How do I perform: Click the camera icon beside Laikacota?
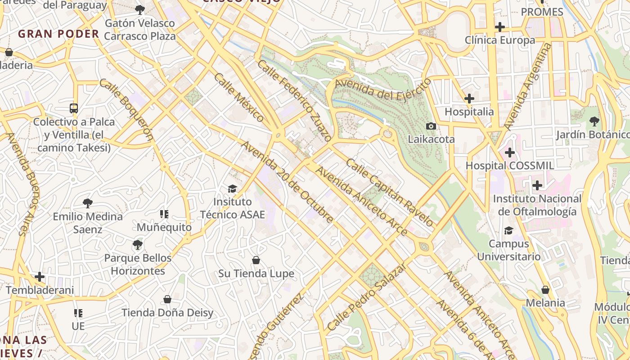[431, 126]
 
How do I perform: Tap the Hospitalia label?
[469, 112]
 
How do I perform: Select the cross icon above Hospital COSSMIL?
[509, 153]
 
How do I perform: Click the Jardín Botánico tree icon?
[594, 121]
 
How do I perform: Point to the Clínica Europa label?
[500, 40]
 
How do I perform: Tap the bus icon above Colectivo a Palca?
[74, 108]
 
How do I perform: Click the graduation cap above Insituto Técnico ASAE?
[232, 189]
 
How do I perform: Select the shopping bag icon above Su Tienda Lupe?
[256, 260]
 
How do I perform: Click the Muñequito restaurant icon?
[164, 214]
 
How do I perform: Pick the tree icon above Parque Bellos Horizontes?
[137, 245]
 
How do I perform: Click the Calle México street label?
[239, 97]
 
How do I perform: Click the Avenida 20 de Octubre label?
[288, 182]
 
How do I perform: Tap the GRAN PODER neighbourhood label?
[58, 34]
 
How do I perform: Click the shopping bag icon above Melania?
[545, 289]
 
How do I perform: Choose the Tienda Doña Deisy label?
[167, 312]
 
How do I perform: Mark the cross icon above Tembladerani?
[40, 276]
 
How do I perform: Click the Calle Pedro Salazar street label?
[367, 297]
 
